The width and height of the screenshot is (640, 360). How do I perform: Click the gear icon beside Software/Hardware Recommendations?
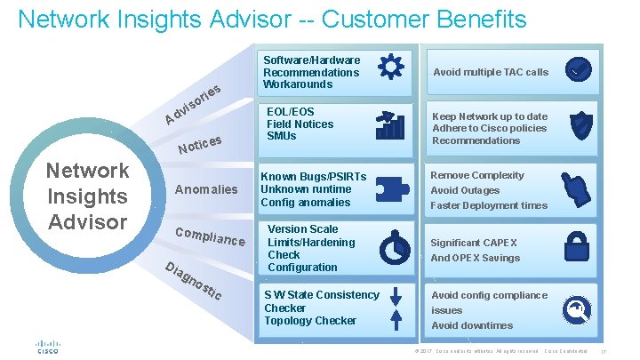[x=390, y=68]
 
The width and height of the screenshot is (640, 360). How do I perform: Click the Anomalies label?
[x=206, y=189]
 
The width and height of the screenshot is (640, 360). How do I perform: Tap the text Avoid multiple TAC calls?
[x=491, y=72]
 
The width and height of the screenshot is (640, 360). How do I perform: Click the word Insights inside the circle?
[x=87, y=196]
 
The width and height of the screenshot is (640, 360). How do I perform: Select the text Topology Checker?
[x=310, y=321]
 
